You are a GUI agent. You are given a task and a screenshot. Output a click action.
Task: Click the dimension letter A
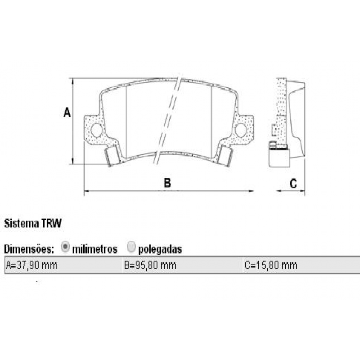tap(67, 112)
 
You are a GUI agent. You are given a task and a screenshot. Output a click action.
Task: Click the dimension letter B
tap(167, 183)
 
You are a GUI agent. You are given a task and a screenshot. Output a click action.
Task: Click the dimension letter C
tap(293, 183)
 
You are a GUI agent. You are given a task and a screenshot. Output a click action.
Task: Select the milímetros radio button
tap(65, 247)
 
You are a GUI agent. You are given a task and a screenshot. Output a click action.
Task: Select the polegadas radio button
tap(131, 247)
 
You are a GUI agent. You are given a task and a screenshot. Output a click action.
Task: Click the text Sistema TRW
tap(33, 223)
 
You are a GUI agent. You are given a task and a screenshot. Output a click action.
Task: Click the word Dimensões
tap(29, 249)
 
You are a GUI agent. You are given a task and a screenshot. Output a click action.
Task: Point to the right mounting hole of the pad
tap(241, 130)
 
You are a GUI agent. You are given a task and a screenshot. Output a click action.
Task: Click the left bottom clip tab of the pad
tap(112, 156)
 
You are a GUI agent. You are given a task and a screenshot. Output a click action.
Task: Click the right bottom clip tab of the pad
tap(225, 156)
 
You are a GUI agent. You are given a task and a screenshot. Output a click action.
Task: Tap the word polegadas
tap(160, 249)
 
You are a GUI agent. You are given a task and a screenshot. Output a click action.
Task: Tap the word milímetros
tap(95, 249)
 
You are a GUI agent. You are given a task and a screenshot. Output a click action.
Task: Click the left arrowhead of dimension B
tap(86, 191)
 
